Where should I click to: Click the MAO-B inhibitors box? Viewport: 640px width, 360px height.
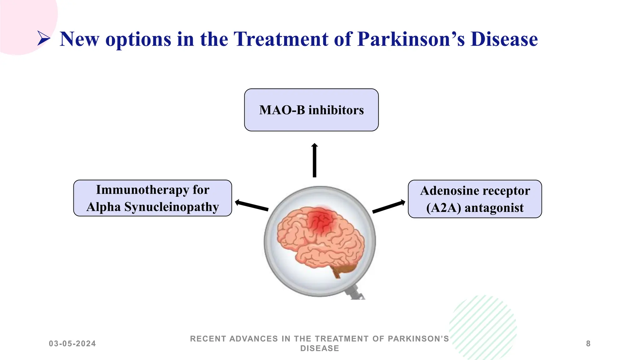pyautogui.click(x=311, y=110)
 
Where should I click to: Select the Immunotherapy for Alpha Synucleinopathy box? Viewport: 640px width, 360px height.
pyautogui.click(x=152, y=198)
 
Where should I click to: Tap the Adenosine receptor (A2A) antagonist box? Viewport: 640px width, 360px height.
pyautogui.click(x=475, y=199)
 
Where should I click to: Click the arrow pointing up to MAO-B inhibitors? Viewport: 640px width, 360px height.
pyautogui.click(x=314, y=161)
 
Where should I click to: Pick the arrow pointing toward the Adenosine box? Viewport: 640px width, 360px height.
pyautogui.click(x=389, y=207)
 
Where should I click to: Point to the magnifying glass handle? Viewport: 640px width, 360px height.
pyautogui.click(x=356, y=292)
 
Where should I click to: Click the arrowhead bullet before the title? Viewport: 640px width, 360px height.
pyautogui.click(x=44, y=39)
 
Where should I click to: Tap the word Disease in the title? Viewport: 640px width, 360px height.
pyautogui.click(x=504, y=39)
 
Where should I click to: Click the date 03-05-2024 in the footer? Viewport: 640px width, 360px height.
pyautogui.click(x=72, y=344)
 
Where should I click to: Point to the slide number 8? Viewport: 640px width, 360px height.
pyautogui.click(x=588, y=344)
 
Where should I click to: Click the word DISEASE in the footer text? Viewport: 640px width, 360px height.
pyautogui.click(x=319, y=348)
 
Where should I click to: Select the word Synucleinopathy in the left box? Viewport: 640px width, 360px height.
pyautogui.click(x=172, y=207)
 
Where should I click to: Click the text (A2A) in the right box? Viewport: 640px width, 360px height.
pyautogui.click(x=443, y=208)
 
